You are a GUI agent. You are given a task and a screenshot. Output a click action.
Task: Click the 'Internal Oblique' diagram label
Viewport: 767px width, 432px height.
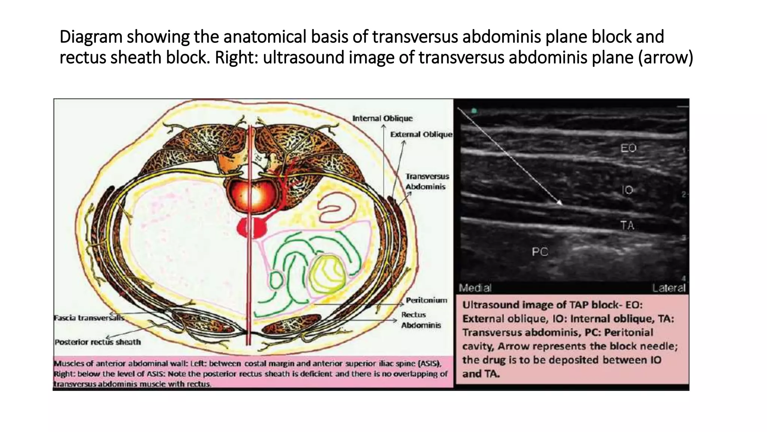(x=382, y=118)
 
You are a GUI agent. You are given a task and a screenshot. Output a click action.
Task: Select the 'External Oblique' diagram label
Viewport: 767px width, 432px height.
(x=421, y=134)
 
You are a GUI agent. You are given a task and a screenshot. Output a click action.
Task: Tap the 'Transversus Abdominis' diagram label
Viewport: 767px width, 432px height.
(x=427, y=181)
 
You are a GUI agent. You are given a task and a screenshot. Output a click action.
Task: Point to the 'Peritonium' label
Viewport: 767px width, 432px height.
(x=426, y=300)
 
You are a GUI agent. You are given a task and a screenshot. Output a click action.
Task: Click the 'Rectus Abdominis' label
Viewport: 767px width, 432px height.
(x=421, y=320)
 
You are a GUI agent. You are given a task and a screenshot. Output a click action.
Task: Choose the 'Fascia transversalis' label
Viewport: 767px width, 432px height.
(x=89, y=318)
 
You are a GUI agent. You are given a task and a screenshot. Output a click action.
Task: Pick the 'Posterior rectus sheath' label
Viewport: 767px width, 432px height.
(x=98, y=342)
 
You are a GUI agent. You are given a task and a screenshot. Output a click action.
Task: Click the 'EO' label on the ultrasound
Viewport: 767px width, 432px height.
(x=628, y=148)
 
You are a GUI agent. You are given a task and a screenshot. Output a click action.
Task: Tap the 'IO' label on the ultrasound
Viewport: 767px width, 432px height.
(x=627, y=190)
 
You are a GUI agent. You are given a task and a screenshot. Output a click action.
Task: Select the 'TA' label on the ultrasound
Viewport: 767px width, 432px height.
(x=627, y=225)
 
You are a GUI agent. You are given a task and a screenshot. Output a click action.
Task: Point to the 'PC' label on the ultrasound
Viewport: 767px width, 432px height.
(x=540, y=252)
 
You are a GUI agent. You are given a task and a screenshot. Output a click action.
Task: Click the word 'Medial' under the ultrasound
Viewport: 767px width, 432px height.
(x=475, y=288)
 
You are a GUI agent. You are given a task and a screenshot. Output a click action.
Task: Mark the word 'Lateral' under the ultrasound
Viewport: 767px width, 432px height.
(x=669, y=288)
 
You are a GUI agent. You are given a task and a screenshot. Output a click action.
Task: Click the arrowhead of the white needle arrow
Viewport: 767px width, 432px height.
(x=560, y=204)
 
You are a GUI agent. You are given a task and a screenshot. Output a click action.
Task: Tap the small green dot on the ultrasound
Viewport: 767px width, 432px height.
(x=474, y=111)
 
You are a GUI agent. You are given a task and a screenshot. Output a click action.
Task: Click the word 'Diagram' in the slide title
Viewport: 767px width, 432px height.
(x=91, y=37)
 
